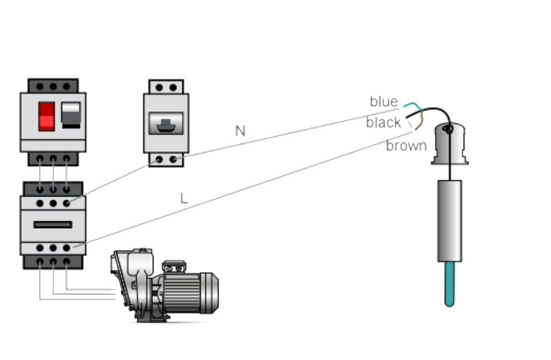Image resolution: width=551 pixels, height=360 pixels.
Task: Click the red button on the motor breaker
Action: point(46,116)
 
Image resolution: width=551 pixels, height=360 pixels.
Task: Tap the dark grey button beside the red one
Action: point(71,115)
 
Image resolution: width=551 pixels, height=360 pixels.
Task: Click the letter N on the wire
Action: point(240,131)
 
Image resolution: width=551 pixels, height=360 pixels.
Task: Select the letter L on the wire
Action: point(184,198)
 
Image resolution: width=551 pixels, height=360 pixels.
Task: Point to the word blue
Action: point(384,101)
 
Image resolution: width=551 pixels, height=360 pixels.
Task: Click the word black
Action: point(384,122)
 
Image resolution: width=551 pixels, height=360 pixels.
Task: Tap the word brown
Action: point(406,146)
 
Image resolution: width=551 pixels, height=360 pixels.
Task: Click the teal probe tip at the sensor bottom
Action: point(449,284)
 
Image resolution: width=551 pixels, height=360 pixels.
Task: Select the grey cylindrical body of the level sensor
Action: point(449,221)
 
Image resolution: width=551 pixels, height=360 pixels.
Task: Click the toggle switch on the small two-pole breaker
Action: point(166,124)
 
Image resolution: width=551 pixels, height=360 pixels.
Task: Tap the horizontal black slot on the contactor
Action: point(53,225)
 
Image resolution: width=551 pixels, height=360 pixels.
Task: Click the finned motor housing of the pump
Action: point(181,293)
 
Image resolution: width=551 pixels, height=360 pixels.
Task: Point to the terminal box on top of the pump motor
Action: point(174,266)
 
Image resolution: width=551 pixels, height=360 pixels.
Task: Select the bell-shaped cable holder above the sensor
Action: point(450,144)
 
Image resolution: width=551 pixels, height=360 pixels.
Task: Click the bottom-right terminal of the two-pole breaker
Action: point(173,160)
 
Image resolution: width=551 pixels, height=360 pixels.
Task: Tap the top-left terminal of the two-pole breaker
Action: point(159,87)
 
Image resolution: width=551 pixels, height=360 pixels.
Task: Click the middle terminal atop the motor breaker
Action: point(53,86)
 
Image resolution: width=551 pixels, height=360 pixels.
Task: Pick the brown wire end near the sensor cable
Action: point(419,123)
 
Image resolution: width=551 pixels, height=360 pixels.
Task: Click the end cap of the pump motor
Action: point(210,293)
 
